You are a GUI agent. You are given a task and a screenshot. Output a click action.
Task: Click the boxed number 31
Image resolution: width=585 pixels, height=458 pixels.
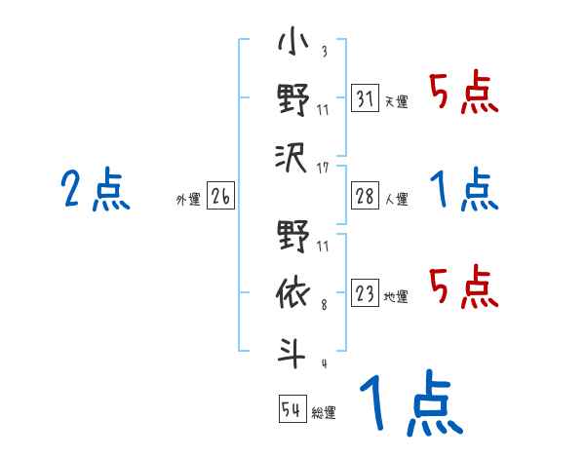[366, 99]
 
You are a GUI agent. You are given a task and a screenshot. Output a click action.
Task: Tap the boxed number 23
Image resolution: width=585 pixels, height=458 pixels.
[366, 293]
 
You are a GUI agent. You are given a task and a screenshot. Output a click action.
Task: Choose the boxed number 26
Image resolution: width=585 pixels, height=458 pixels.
[220, 197]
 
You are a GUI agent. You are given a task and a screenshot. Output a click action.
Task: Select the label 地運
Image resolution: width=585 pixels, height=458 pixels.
[397, 296]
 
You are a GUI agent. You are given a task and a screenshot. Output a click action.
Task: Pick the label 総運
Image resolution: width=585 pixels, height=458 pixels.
[324, 412]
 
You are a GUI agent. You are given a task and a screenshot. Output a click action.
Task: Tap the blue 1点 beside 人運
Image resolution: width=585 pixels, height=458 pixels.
[464, 189]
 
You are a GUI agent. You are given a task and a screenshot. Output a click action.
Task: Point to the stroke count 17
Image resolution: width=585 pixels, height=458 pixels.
[323, 169]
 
